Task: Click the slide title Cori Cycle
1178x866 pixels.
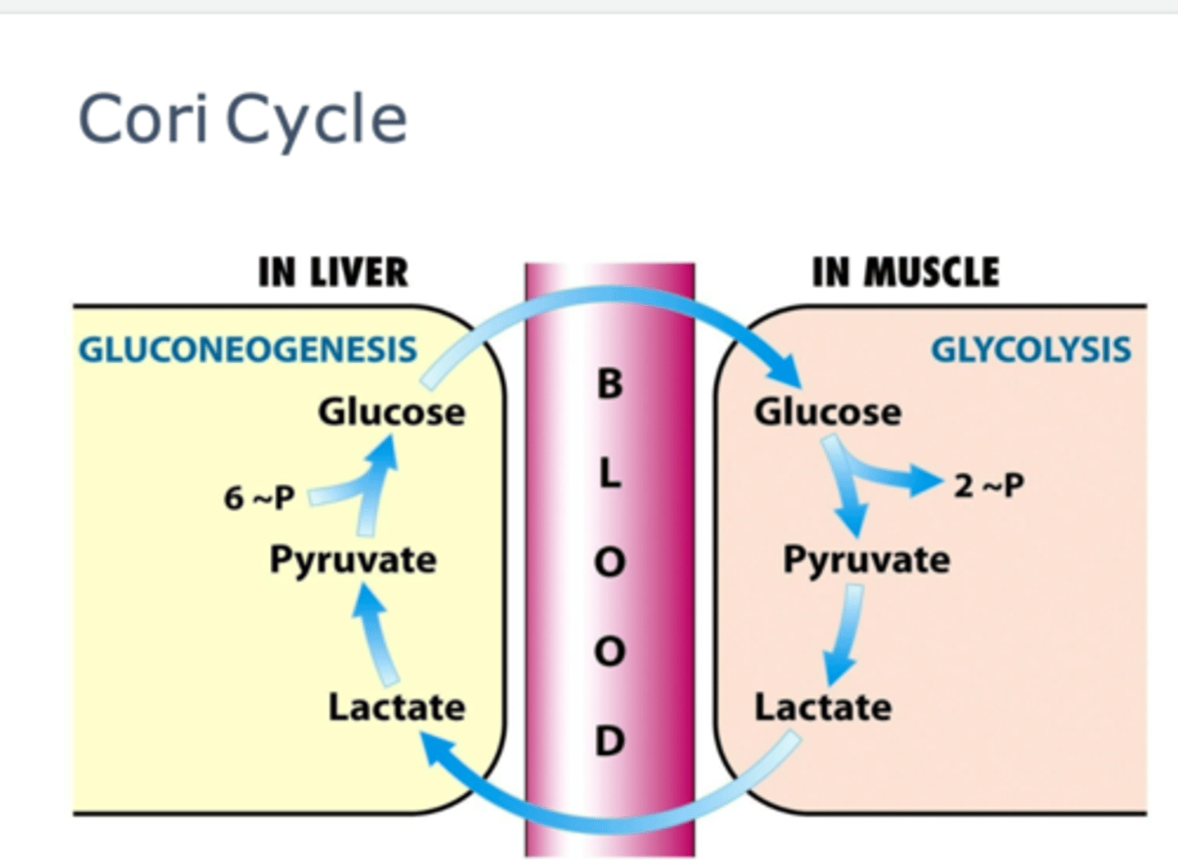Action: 242,119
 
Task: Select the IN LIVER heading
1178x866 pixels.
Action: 333,272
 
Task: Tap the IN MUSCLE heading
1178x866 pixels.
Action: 906,272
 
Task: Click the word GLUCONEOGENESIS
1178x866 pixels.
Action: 248,350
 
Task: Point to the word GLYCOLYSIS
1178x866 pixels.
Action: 1031,350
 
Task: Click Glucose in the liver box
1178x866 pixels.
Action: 391,411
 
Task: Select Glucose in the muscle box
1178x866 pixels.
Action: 827,411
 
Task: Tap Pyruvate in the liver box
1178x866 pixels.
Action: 353,561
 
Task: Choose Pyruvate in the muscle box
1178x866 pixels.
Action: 866,561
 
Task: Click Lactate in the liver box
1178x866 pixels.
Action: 397,707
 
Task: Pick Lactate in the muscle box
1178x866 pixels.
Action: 822,707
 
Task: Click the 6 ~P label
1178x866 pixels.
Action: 259,497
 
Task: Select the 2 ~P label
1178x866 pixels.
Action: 988,486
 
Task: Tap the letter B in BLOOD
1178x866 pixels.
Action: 609,384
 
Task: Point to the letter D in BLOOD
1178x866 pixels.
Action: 609,741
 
